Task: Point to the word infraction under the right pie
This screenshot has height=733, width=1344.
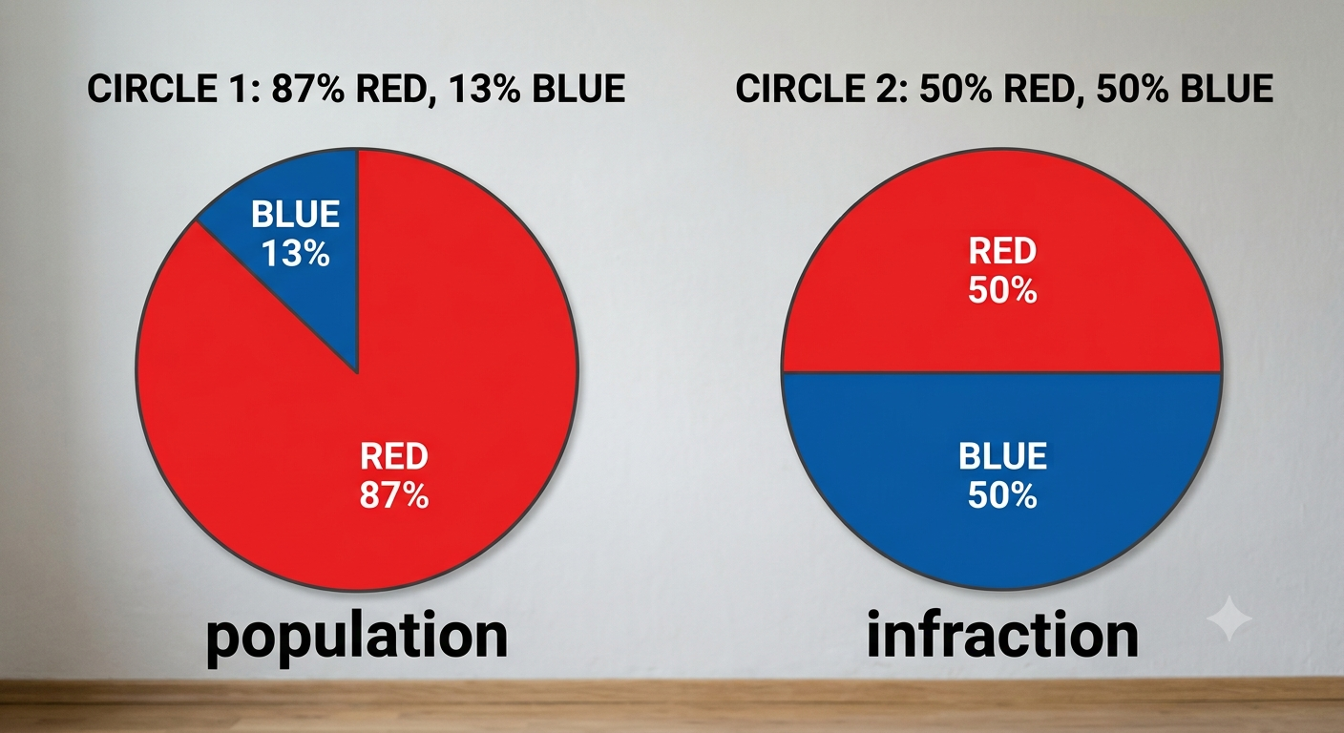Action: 1002,634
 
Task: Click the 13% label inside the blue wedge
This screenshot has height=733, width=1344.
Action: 296,254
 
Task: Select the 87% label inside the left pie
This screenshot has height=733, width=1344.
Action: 394,496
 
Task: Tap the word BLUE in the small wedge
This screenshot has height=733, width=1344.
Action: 295,214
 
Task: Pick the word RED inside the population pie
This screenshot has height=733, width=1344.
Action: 394,456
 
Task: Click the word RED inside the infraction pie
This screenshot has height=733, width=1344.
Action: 1002,251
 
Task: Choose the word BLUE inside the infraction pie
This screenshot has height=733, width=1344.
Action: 1002,456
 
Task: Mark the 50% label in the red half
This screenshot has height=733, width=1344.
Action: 1002,290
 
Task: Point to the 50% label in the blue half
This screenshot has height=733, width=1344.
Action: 1002,496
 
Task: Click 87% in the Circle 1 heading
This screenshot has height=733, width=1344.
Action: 308,89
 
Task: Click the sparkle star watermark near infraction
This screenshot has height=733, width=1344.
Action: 1229,618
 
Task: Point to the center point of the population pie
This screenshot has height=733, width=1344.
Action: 358,372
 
